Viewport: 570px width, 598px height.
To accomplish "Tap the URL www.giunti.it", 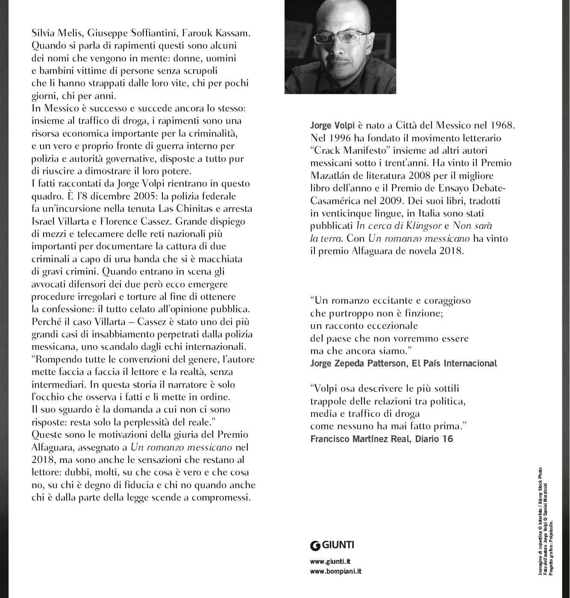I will tap(330, 562).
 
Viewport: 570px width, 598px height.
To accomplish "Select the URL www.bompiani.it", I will tap(336, 572).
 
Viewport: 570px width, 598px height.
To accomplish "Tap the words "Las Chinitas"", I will tap(185, 209).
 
